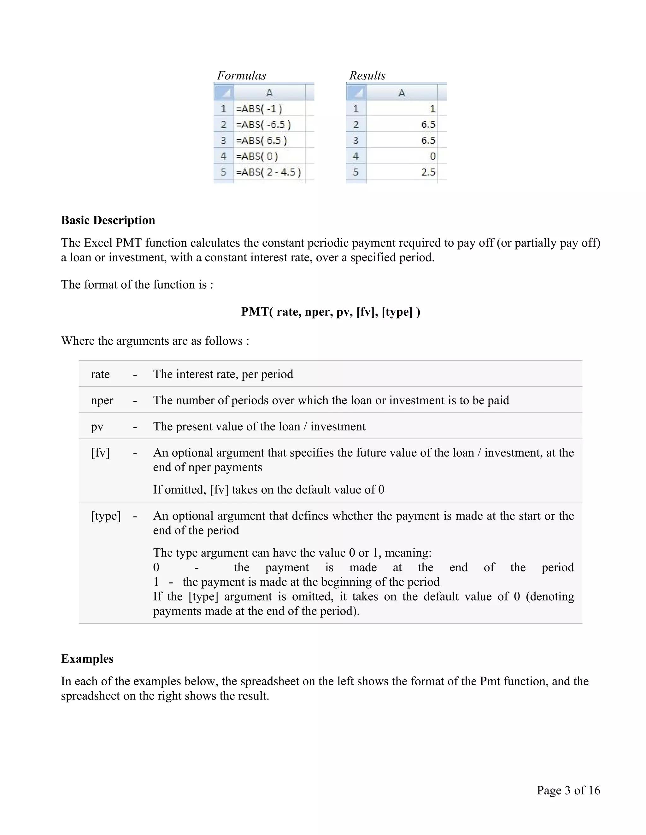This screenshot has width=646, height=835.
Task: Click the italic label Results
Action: click(x=367, y=75)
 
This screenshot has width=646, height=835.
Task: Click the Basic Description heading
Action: click(x=108, y=220)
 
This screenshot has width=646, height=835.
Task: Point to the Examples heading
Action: click(x=87, y=659)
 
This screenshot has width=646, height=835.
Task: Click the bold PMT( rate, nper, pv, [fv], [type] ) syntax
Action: click(x=331, y=312)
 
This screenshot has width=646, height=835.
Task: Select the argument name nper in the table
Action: click(x=102, y=400)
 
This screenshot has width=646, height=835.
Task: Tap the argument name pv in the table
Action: click(x=97, y=426)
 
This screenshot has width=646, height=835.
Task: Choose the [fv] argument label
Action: click(x=100, y=453)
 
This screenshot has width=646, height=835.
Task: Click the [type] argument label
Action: click(x=106, y=516)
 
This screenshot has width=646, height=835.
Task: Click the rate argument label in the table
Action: click(x=100, y=374)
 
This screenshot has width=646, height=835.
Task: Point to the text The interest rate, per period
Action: click(x=223, y=374)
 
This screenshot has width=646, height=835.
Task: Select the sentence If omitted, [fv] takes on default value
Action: click(x=268, y=489)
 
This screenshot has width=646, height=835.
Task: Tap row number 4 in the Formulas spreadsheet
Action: click(x=224, y=156)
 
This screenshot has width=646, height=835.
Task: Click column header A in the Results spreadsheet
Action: click(x=402, y=93)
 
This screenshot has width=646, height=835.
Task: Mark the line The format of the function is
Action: click(x=137, y=285)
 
